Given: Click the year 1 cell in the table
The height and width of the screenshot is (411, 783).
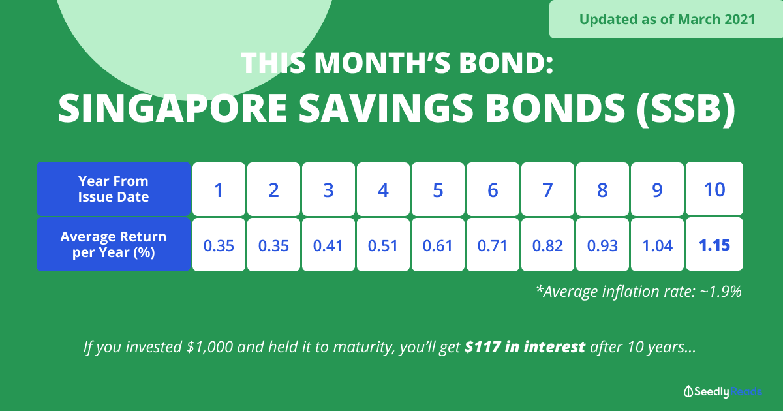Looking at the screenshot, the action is (219, 189).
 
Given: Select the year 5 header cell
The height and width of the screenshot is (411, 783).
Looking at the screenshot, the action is (438, 189).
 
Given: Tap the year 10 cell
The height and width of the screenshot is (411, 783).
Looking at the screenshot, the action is (714, 189).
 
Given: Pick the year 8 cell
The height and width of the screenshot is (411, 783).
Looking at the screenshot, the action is (602, 189).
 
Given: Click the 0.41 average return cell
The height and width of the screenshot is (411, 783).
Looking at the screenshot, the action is (328, 245).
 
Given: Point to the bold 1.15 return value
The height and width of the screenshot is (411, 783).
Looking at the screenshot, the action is (714, 245).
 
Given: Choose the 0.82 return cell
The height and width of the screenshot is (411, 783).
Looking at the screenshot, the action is (547, 245).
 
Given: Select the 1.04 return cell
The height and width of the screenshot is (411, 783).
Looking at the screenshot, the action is (657, 245).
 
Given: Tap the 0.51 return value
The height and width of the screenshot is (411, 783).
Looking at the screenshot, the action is (383, 246).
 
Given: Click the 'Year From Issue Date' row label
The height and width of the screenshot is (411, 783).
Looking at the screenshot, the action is (114, 189).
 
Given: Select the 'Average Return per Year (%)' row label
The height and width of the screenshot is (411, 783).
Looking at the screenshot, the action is (114, 244).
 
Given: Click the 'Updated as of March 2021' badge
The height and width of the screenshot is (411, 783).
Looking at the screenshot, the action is (666, 19).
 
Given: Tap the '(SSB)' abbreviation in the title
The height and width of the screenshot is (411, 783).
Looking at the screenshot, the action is (686, 108).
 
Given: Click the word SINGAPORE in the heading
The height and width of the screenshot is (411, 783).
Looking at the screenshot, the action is (173, 108).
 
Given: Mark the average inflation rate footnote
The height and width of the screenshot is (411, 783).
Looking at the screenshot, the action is (639, 292).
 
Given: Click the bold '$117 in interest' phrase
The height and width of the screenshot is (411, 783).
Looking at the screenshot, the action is (525, 346).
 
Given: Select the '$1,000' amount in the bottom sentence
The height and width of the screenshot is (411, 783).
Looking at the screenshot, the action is (209, 347).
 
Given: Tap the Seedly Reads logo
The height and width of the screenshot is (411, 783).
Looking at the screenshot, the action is (723, 391).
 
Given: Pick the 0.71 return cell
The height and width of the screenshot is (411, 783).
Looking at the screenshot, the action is (493, 245).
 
